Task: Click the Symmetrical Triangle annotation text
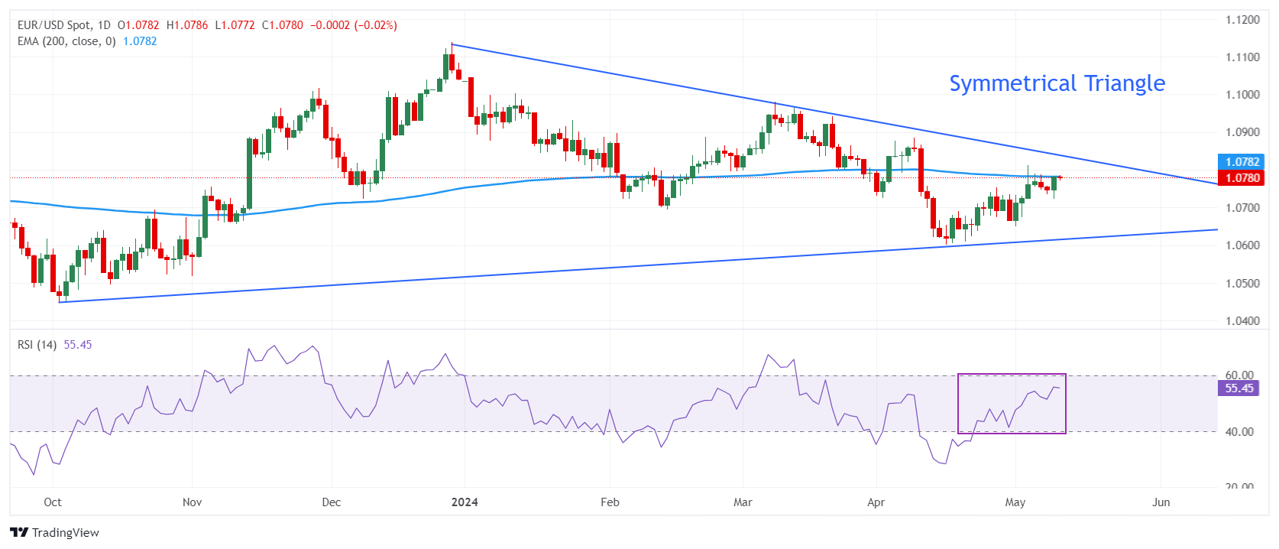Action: tap(1057, 83)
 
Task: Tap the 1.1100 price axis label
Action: tap(1242, 57)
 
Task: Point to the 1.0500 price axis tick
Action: tap(1242, 283)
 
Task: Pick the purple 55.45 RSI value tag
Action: tap(1239, 388)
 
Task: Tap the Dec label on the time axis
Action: tap(332, 502)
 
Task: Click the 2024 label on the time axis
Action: tap(465, 502)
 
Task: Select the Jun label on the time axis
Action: tap(1161, 502)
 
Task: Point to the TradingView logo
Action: tap(55, 533)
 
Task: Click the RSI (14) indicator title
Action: tap(37, 345)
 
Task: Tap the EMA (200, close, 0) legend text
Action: tap(66, 41)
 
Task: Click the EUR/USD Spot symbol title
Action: tap(53, 25)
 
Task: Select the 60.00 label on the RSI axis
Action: tap(1239, 375)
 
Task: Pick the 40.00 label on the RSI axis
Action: tap(1239, 432)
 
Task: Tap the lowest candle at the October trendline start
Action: tap(60, 297)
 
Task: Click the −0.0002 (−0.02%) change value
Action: tap(353, 25)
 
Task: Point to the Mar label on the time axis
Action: tap(743, 502)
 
